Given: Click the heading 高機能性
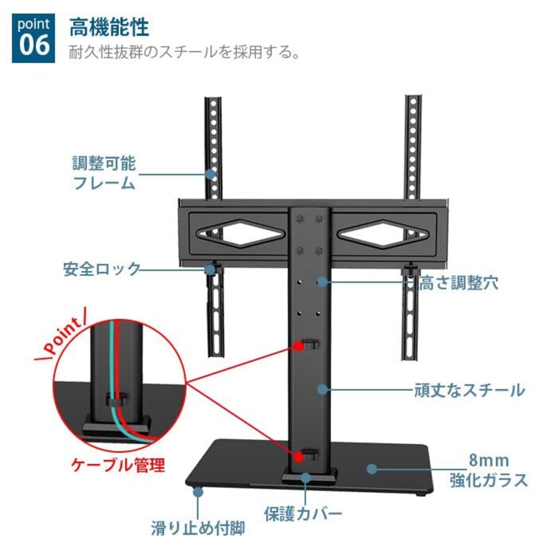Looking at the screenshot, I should coord(109,27).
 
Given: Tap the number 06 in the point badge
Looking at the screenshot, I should coord(34,45).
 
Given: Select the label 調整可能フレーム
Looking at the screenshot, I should coord(104,173).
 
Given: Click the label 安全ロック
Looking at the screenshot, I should coord(102,269).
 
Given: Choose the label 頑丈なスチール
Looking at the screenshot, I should coord(470,390).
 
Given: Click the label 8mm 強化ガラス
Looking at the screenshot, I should coord(489,471).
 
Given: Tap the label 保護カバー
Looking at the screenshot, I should coord(303,514).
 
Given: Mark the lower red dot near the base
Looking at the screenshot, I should coord(299,456).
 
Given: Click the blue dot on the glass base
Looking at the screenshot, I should coord(371,469).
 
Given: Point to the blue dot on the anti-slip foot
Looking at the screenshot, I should coord(198,492).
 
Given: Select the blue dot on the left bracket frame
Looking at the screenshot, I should coord(211,174).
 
